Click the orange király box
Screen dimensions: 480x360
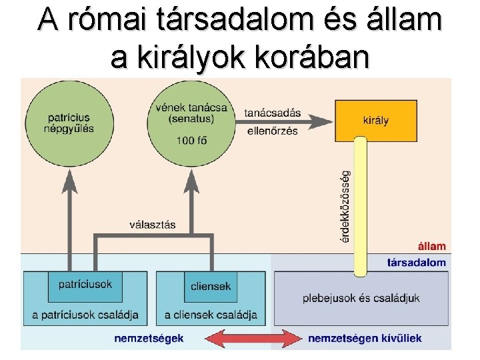(376, 121)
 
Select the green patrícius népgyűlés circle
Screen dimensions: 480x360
(68, 123)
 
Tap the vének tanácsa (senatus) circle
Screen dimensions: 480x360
(191, 123)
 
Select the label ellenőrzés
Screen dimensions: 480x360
(272, 131)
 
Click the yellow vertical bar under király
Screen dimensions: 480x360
(360, 207)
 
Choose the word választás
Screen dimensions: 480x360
(153, 225)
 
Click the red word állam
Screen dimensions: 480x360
(431, 247)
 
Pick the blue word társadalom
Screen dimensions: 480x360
(417, 262)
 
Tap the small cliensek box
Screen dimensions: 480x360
(211, 286)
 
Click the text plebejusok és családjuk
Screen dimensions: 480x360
(361, 298)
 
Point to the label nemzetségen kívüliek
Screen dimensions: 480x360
(364, 338)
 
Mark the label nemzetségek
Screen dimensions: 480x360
(149, 338)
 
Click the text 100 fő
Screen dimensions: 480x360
(191, 139)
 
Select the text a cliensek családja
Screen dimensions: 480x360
(211, 315)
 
